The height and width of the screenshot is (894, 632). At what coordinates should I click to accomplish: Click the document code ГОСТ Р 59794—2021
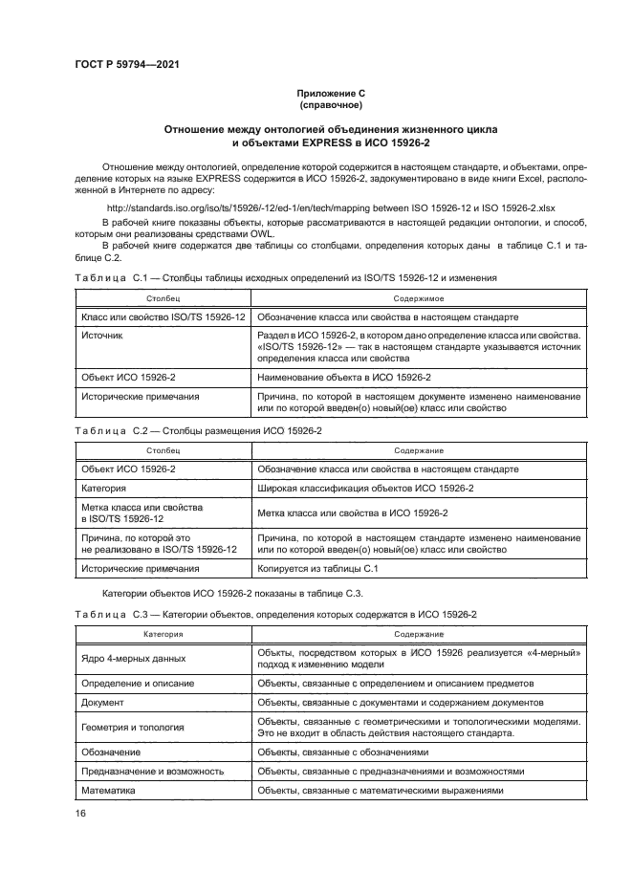[127, 64]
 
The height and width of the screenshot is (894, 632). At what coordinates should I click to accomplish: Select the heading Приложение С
[331, 93]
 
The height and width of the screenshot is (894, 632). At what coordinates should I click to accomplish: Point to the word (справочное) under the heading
[331, 104]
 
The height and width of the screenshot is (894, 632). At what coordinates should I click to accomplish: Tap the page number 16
[81, 812]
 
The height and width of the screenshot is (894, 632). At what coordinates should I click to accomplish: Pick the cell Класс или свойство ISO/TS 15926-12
[163, 316]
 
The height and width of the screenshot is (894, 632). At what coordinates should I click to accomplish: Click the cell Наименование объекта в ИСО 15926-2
[344, 377]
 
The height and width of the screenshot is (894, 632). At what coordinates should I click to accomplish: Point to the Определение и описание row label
[139, 684]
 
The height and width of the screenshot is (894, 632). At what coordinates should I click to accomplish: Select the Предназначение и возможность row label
[153, 771]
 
